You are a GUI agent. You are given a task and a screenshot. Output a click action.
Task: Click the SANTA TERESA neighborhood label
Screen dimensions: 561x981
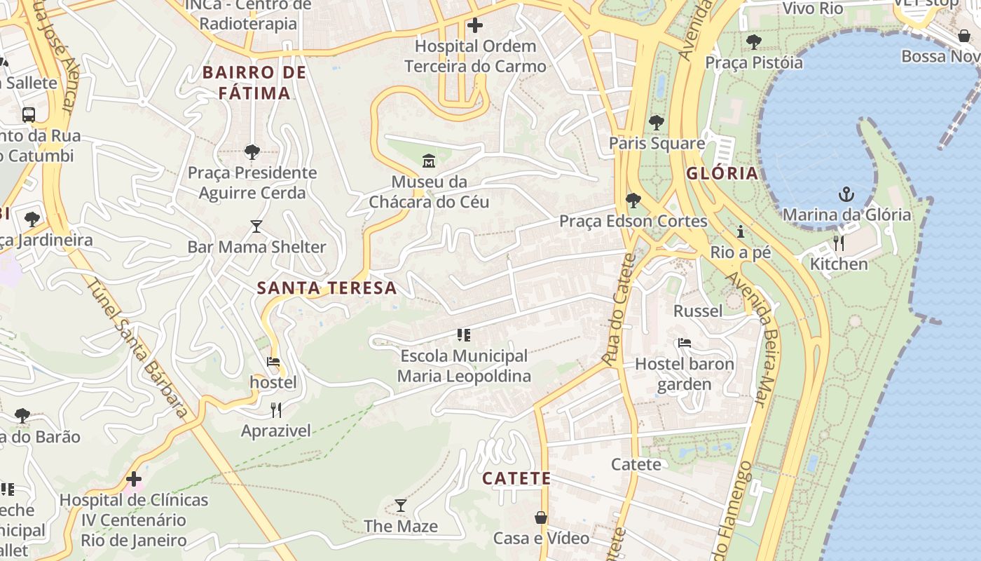click(327, 288)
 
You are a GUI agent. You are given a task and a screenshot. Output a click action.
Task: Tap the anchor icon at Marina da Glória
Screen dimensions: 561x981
click(846, 194)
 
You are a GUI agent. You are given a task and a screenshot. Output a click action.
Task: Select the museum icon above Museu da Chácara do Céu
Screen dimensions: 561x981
click(429, 162)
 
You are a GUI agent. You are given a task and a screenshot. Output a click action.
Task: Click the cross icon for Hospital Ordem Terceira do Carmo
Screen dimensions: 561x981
click(475, 26)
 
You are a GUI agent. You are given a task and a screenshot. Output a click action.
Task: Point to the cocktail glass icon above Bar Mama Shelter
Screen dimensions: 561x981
click(256, 227)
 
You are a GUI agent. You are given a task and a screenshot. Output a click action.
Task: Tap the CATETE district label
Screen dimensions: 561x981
click(516, 479)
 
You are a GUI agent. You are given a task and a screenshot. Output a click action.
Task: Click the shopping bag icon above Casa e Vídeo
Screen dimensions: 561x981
click(541, 518)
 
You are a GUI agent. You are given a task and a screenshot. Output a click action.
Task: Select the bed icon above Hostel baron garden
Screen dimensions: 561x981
click(685, 343)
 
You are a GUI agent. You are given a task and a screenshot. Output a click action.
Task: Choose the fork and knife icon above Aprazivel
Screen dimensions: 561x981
click(276, 410)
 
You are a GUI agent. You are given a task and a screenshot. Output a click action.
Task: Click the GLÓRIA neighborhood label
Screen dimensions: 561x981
click(722, 173)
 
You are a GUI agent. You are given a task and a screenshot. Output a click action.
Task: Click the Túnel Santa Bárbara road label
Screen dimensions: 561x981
click(137, 348)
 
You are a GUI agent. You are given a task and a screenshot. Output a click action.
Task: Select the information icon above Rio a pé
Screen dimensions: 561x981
click(740, 231)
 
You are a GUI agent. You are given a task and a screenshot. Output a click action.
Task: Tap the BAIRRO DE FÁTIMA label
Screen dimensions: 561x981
click(254, 83)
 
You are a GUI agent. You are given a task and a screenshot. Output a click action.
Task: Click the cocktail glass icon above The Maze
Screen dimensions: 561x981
click(400, 506)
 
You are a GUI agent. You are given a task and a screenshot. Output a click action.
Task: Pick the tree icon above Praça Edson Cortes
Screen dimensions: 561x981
click(633, 201)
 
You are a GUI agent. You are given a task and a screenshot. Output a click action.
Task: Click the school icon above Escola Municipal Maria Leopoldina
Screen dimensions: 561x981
click(463, 335)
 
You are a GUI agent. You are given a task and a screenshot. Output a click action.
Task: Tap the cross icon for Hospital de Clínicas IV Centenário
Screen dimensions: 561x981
click(134, 480)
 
